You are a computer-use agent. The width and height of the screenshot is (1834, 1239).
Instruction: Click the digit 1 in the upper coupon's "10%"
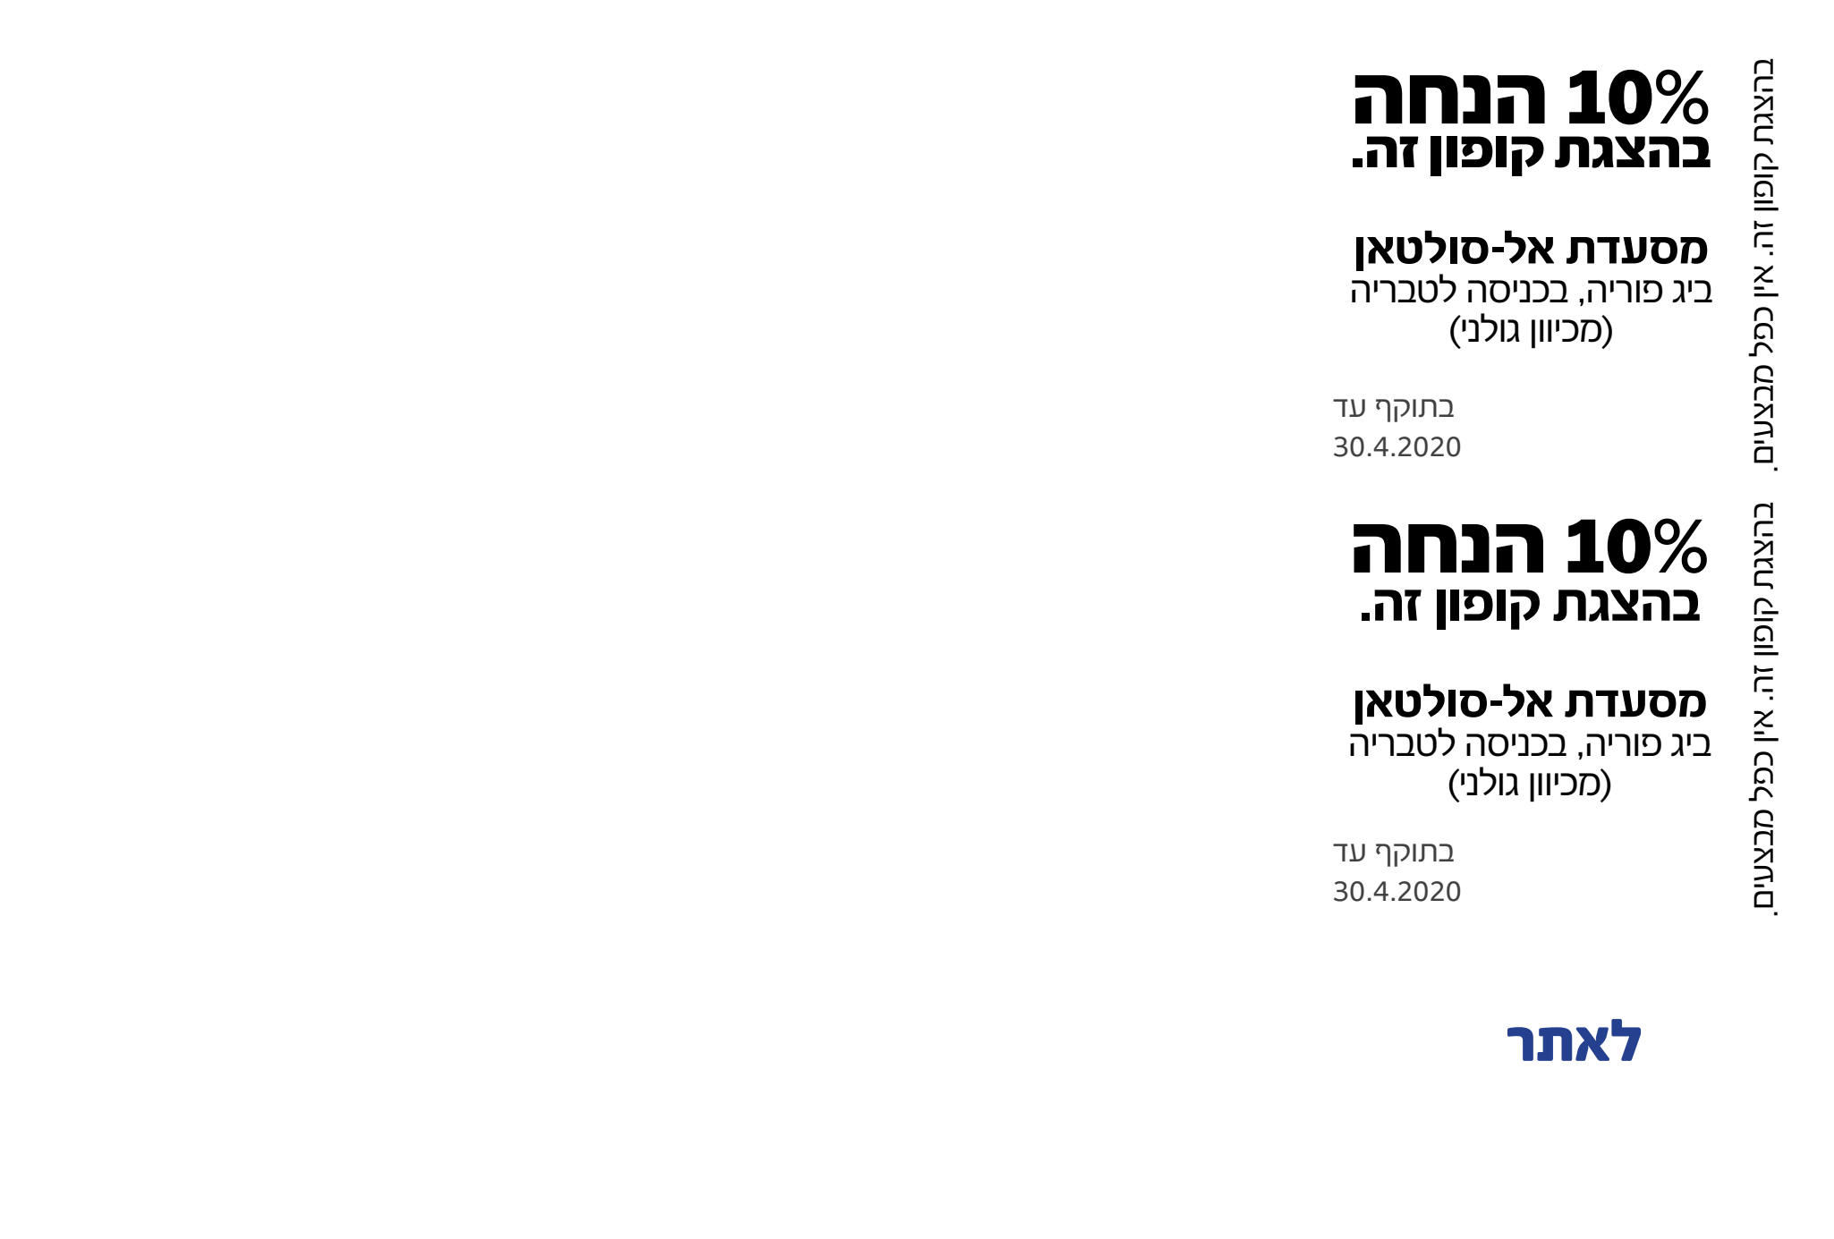click(x=1583, y=98)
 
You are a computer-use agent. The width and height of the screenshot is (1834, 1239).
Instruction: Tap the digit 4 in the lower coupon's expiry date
click(x=1383, y=893)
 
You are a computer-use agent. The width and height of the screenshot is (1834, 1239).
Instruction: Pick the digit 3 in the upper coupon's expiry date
click(x=1341, y=447)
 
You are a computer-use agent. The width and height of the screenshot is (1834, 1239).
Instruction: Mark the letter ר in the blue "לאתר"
click(x=1523, y=1044)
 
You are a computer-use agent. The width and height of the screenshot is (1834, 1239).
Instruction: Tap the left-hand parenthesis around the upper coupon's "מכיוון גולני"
click(x=1456, y=329)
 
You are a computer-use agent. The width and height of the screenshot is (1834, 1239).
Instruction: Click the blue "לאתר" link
click(x=1575, y=1042)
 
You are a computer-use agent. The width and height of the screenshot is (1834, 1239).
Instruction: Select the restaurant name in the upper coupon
click(x=1531, y=249)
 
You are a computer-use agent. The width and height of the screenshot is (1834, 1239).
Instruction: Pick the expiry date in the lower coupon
click(x=1397, y=893)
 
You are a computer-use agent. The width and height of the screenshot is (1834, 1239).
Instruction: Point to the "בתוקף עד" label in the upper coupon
click(x=1394, y=408)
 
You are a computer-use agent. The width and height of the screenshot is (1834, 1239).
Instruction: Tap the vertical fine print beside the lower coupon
click(x=1762, y=709)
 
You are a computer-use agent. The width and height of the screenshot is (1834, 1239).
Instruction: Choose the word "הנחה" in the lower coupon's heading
click(x=1448, y=547)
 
